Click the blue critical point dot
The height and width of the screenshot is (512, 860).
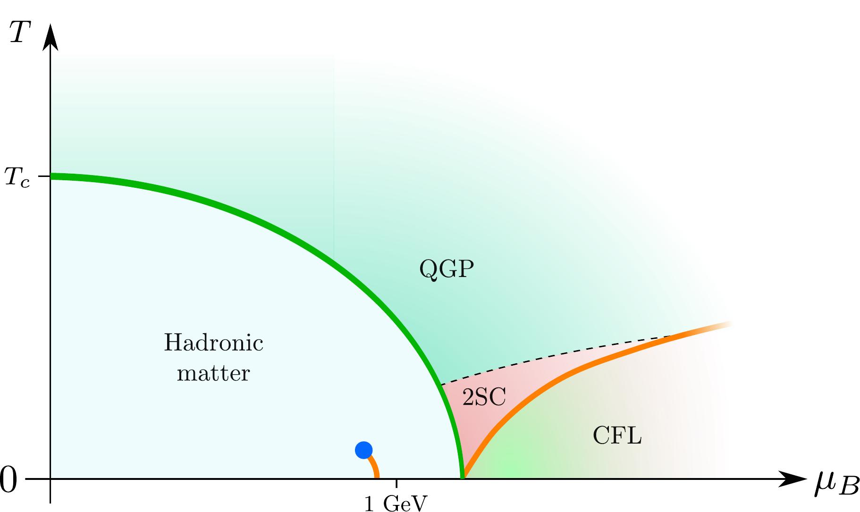tap(363, 450)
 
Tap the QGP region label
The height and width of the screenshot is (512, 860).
tap(447, 269)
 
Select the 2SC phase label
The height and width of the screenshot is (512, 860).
tap(484, 397)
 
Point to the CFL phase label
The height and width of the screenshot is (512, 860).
tap(617, 436)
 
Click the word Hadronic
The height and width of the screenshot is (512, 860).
tap(213, 343)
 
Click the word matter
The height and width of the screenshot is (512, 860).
tap(213, 373)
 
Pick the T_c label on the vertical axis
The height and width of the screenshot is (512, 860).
tap(17, 178)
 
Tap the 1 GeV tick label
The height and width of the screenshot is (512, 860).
tap(396, 504)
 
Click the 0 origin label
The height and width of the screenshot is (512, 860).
tap(8, 480)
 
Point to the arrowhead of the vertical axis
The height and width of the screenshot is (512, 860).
tap(50, 37)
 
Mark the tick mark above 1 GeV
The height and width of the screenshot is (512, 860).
tap(396, 483)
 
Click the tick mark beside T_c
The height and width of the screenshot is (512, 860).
tap(44, 176)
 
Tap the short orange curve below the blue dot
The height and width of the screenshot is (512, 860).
tap(374, 466)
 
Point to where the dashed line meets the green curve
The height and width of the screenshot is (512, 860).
tap(440, 384)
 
